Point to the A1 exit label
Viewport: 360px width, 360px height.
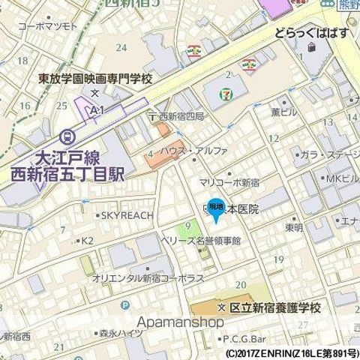pos(95,109)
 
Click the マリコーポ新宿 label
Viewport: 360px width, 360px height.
pos(229,183)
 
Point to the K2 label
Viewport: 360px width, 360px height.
pos(87,241)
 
